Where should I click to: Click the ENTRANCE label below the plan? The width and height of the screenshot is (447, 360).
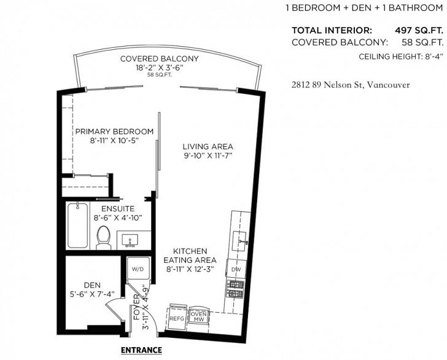pyautogui.click(x=141, y=350)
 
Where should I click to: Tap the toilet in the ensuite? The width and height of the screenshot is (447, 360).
pyautogui.click(x=103, y=238)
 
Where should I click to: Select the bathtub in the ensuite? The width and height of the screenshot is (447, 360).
pyautogui.click(x=77, y=225)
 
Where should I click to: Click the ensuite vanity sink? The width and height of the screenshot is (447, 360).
pyautogui.click(x=130, y=241)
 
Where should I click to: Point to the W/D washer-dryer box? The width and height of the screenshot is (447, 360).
pyautogui.click(x=138, y=268)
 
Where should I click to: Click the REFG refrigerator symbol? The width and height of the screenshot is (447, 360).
pyautogui.click(x=177, y=317)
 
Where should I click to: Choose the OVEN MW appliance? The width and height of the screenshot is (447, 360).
pyautogui.click(x=199, y=316)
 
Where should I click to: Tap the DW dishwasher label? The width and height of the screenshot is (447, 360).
pyautogui.click(x=236, y=270)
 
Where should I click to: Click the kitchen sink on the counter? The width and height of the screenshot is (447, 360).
pyautogui.click(x=239, y=241)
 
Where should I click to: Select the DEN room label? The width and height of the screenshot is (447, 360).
pyautogui.click(x=92, y=285)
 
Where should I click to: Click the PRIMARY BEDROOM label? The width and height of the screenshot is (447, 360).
pyautogui.click(x=114, y=131)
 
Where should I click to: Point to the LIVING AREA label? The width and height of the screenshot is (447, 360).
pyautogui.click(x=208, y=147)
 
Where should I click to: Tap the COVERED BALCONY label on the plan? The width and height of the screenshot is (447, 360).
pyautogui.click(x=160, y=59)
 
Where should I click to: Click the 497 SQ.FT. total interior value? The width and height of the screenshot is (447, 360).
pyautogui.click(x=419, y=30)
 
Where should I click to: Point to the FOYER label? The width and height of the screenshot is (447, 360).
pyautogui.click(x=137, y=307)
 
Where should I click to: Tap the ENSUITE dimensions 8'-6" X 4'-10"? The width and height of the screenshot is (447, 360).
pyautogui.click(x=118, y=217)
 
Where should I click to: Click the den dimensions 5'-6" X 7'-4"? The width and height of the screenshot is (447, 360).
pyautogui.click(x=92, y=294)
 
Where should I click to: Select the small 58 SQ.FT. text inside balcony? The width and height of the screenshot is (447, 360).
pyautogui.click(x=160, y=75)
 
